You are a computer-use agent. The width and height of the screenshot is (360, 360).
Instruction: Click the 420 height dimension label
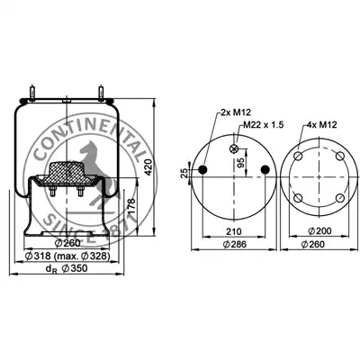148,167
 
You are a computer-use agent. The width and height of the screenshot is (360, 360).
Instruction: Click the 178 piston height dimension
132,206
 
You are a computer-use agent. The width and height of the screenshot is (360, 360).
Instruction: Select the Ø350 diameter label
75,268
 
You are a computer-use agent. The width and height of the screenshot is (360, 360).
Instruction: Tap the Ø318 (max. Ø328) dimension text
67,256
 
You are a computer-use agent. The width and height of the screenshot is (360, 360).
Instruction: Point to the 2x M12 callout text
236,112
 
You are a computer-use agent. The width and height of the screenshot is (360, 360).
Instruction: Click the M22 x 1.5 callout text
263,125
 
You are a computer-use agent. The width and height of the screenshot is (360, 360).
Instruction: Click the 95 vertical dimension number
240,163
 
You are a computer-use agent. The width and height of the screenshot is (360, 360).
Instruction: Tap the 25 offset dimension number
184,173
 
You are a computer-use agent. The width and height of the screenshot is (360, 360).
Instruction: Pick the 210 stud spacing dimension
234,231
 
